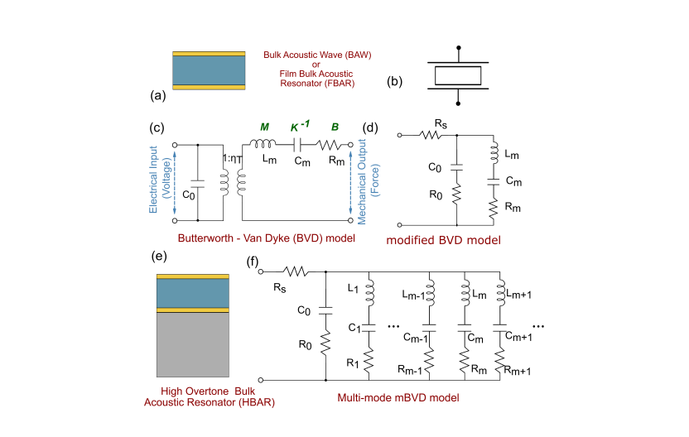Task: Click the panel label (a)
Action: (158, 96)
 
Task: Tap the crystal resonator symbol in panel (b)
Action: (457, 75)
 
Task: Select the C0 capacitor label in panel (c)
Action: (189, 194)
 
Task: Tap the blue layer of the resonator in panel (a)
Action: (209, 70)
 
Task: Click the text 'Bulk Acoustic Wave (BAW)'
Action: (317, 55)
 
